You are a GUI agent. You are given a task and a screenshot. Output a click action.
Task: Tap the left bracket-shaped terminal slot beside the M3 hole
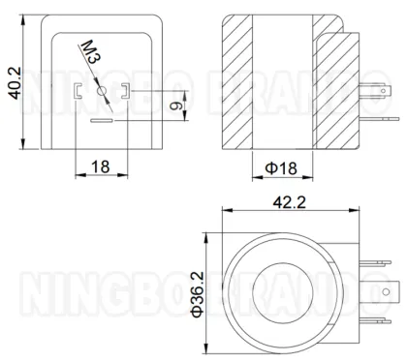pyautogui.click(x=78, y=92)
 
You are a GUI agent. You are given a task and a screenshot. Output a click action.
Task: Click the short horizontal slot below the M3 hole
pyautogui.click(x=102, y=123)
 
